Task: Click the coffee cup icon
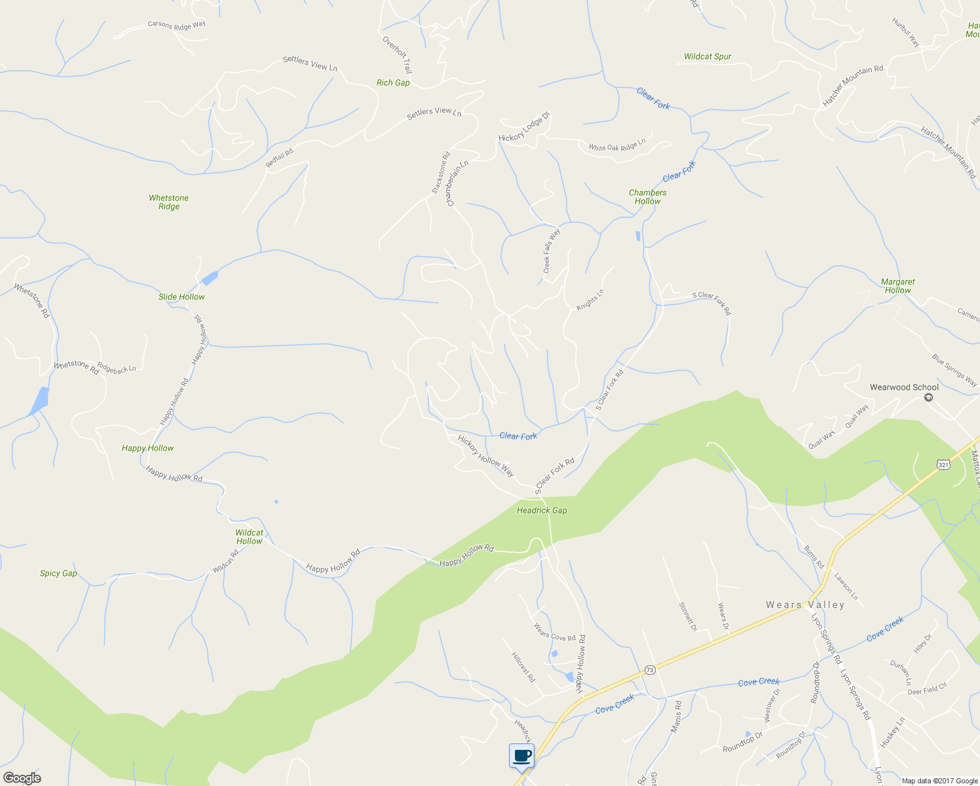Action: tap(521, 756)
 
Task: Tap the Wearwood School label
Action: tap(904, 387)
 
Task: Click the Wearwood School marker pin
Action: tap(928, 398)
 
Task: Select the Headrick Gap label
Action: tap(542, 510)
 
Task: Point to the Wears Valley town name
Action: tap(805, 605)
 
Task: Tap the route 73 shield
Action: tap(649, 670)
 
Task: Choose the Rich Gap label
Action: tap(393, 83)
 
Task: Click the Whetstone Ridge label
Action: tap(168, 202)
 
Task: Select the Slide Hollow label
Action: tap(181, 297)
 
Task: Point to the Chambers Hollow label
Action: tap(647, 196)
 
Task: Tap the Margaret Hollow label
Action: tap(897, 286)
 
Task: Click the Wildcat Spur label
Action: tap(707, 56)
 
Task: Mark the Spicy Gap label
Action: tap(58, 573)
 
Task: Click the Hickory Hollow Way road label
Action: tap(485, 455)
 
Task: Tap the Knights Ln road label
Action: tap(590, 299)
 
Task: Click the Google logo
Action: tap(22, 777)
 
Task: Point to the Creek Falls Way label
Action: tap(552, 251)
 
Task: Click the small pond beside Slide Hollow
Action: tap(209, 278)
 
